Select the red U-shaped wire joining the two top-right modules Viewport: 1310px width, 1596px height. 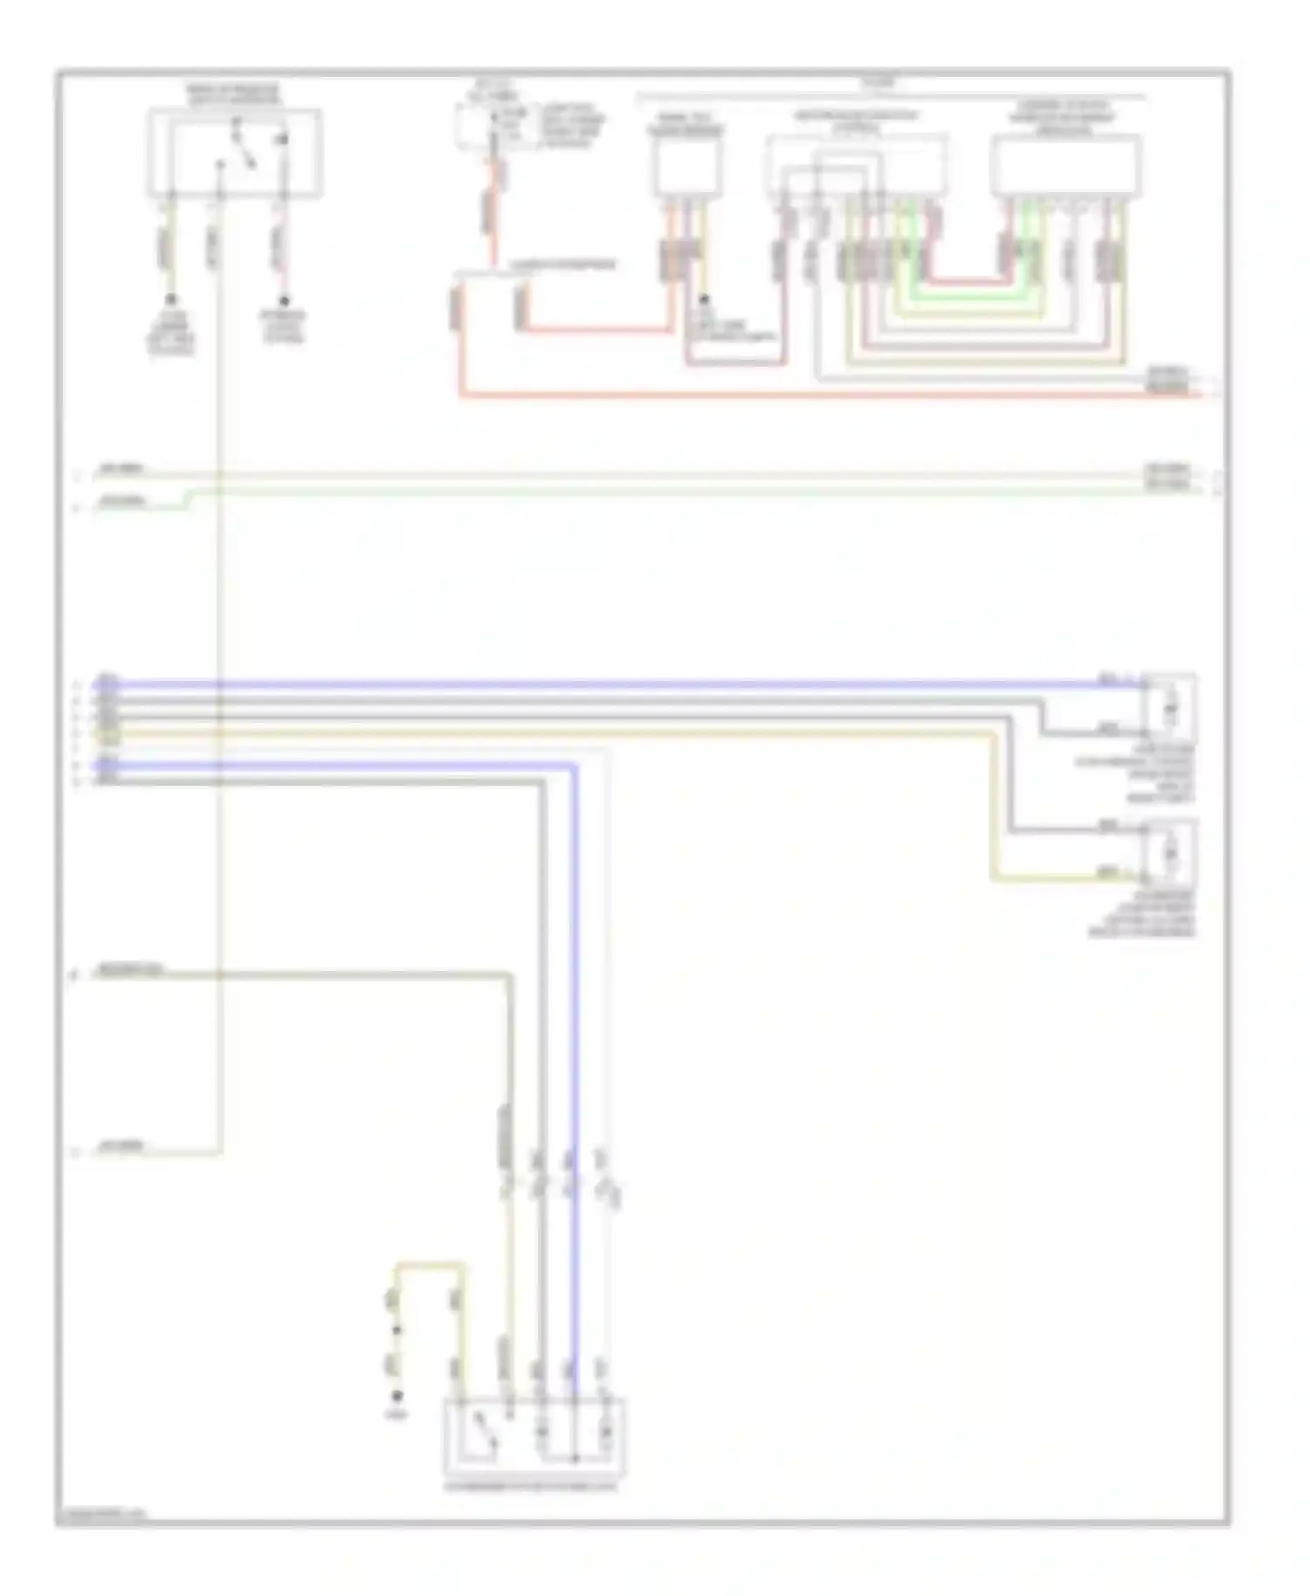coord(965,281)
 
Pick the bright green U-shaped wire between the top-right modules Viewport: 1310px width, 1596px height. coord(965,297)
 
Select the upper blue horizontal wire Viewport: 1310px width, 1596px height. coord(611,684)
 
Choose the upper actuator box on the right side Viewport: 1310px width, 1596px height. coord(1169,705)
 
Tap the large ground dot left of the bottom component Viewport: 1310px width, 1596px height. coord(398,1395)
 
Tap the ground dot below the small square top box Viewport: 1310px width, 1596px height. coord(704,299)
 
